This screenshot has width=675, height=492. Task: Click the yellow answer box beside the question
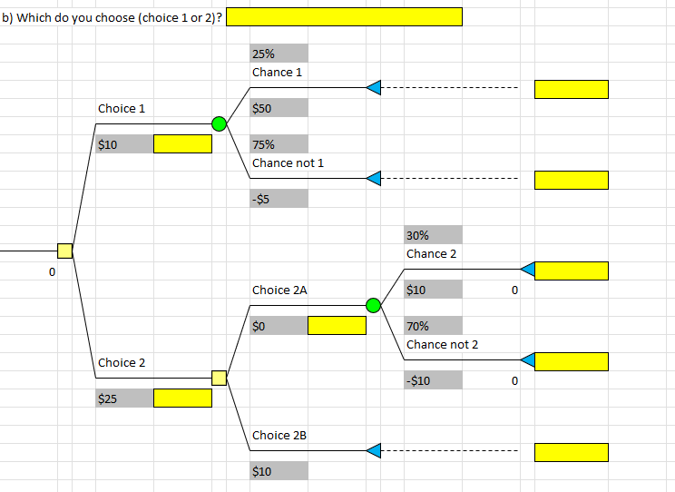(344, 16)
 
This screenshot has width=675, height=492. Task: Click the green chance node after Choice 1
(219, 124)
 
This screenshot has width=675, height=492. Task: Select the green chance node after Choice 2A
(373, 306)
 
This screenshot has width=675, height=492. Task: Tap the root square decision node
(64, 251)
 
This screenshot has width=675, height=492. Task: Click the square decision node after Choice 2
(219, 378)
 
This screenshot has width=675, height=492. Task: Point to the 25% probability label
(279, 54)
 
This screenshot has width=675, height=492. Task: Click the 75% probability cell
(279, 144)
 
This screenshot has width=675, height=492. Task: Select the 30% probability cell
(433, 235)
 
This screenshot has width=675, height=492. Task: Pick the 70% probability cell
(433, 326)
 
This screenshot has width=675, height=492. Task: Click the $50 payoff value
(279, 108)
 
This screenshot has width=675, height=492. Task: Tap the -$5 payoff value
(279, 199)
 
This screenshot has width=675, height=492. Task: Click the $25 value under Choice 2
(124, 399)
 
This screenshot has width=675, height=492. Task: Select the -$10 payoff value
(433, 380)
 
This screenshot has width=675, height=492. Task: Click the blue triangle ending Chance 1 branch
(373, 87)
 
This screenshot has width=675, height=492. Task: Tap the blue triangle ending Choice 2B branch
(373, 450)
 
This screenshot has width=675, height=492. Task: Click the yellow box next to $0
(337, 325)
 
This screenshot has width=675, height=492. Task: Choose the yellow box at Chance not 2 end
(571, 361)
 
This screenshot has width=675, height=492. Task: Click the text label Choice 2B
(279, 435)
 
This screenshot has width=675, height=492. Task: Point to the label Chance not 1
(288, 162)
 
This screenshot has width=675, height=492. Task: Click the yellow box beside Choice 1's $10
(182, 143)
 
